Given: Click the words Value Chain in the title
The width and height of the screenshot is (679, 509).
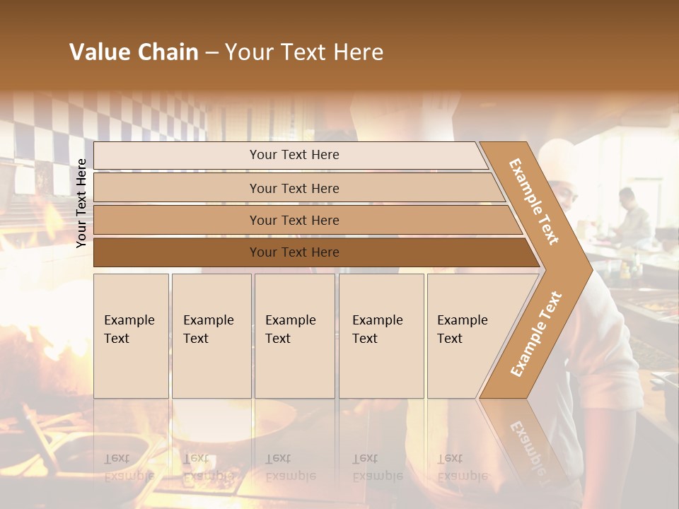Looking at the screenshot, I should tap(134, 52).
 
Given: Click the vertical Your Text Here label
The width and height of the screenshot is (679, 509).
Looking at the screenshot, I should tap(81, 203).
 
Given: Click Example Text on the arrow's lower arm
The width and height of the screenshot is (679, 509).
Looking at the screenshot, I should tap(536, 334).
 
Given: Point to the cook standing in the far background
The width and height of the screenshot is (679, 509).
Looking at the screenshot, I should tap(629, 216).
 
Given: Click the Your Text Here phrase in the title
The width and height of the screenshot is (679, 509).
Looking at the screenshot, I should tap(304, 52).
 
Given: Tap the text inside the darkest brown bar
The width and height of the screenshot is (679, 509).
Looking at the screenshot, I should tap(294, 252).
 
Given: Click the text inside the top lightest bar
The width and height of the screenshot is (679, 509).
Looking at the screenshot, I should tap(294, 155).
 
